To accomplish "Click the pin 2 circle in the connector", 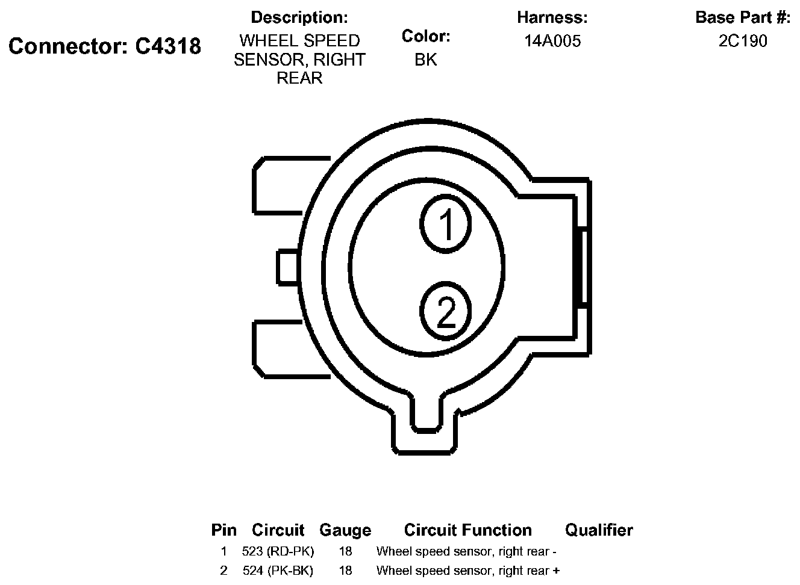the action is (446, 311).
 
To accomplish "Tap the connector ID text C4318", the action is (167, 46).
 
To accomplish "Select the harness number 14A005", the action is (552, 41).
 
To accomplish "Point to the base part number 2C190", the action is (743, 41).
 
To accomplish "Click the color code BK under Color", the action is (425, 60).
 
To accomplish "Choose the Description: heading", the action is (299, 17).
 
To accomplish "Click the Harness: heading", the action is (552, 17).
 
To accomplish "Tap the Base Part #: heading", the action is (743, 17).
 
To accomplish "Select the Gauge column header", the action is (345, 530).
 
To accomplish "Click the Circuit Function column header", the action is (468, 530).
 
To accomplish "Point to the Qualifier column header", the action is (599, 530).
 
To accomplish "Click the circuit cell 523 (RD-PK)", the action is (278, 551).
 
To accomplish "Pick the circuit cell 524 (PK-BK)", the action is (278, 571).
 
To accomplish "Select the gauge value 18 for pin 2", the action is (345, 571).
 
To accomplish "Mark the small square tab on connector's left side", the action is (287, 266).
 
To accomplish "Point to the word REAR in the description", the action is (299, 78).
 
